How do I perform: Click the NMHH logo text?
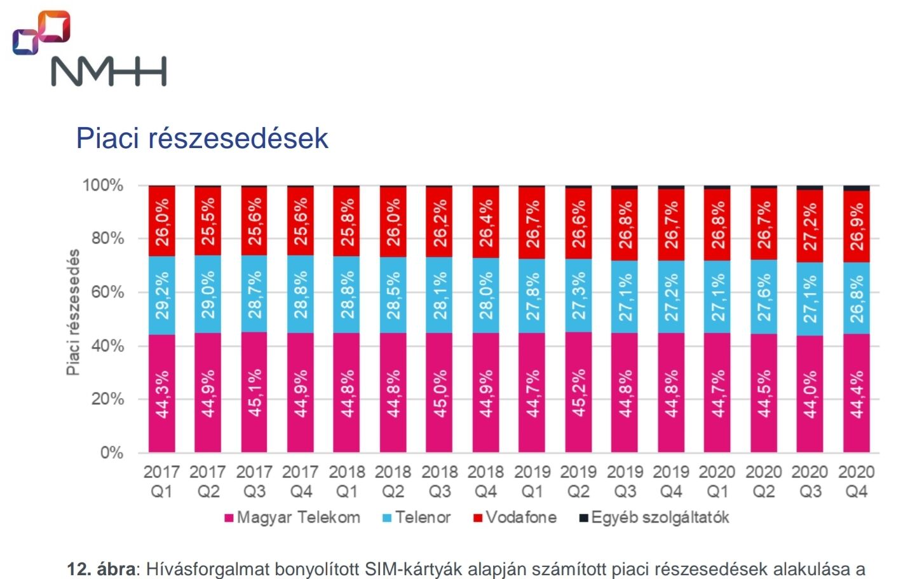[109, 71]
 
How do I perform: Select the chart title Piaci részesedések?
[202, 138]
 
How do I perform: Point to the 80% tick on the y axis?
[103, 238]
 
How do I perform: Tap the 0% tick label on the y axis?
[111, 453]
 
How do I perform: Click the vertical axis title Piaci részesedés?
[74, 312]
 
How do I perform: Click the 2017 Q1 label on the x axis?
[161, 481]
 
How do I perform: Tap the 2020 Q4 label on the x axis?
[856, 481]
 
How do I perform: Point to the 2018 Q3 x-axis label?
[440, 481]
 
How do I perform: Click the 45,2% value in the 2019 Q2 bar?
[579, 394]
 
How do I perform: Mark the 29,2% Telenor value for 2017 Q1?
[162, 295]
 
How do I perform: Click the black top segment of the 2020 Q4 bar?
[856, 188]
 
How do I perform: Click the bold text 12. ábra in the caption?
[101, 569]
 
